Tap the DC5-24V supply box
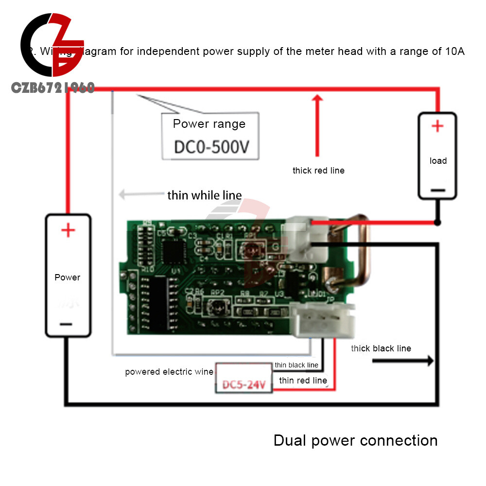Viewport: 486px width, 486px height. click(243, 385)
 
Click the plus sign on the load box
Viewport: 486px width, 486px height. click(437, 126)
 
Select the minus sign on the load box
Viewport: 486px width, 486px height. click(437, 190)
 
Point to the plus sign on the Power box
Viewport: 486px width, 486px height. click(68, 230)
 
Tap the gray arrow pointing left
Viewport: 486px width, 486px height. click(141, 195)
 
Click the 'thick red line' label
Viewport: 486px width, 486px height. click(318, 171)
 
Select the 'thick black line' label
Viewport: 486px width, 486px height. click(381, 348)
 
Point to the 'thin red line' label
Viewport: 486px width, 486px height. click(303, 381)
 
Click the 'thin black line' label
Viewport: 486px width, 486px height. click(296, 365)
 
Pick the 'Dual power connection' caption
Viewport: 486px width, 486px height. click(355, 440)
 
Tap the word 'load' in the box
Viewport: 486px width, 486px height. click(438, 161)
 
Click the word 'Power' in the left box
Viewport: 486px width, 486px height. click(68, 278)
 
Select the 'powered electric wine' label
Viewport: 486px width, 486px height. click(169, 372)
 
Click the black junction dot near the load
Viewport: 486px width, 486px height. click(437, 223)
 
